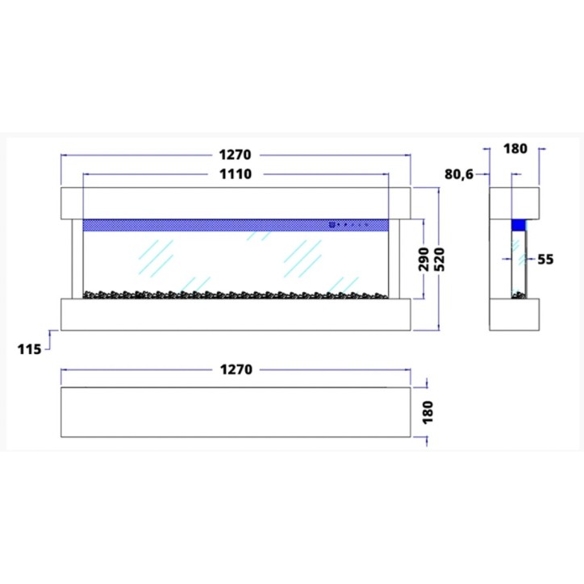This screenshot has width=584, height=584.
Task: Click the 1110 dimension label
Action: click(236, 174)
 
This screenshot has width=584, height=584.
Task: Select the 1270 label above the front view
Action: click(235, 155)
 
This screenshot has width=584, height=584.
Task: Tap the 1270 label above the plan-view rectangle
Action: click(236, 369)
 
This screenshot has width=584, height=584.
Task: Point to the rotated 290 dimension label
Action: click(424, 259)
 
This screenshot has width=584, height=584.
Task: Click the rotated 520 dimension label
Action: click(440, 259)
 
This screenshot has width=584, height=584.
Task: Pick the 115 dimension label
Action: click(29, 349)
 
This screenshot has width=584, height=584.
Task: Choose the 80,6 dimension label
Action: click(459, 174)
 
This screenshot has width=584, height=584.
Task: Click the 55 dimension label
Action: click(545, 259)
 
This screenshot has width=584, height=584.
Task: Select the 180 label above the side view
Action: click(515, 149)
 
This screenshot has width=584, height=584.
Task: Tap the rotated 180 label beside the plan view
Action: click(428, 412)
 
